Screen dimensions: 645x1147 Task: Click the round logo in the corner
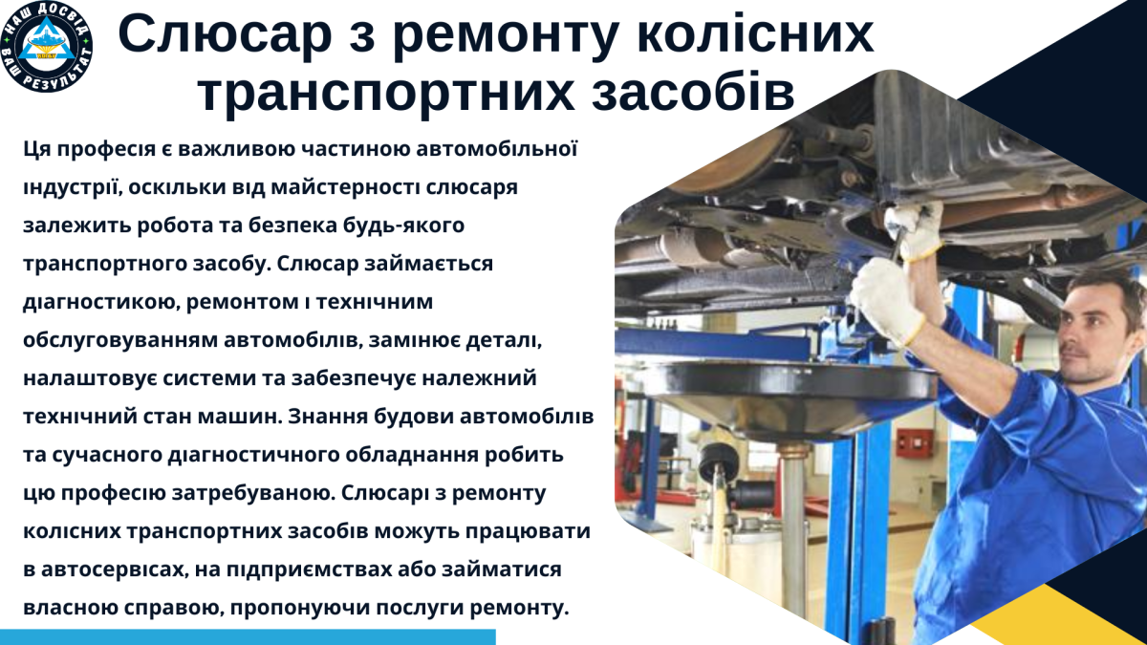47,48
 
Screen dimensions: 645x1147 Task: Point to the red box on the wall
912,441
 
